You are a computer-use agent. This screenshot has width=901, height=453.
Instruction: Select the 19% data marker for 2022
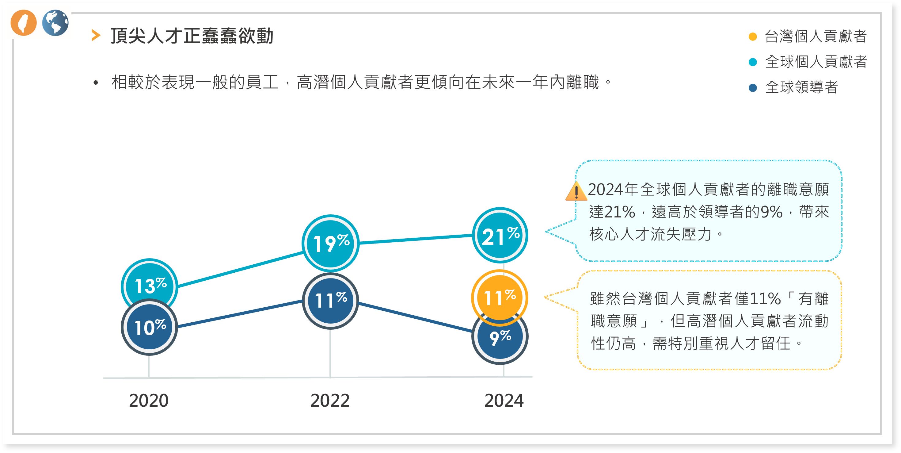tap(331, 243)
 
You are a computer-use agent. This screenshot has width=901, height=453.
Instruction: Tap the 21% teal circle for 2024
tap(500, 235)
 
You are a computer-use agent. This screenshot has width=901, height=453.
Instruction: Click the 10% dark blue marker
tap(149, 327)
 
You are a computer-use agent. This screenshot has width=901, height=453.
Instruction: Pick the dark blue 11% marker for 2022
tap(331, 301)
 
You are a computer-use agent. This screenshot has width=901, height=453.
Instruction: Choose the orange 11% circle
tap(500, 298)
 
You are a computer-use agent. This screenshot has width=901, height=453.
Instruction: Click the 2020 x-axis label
tap(149, 400)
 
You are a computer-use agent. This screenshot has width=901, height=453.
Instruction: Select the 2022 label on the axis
tap(330, 400)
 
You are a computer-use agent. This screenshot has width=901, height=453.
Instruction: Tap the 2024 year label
tap(504, 400)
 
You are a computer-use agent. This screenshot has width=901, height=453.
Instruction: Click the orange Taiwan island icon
tap(23, 23)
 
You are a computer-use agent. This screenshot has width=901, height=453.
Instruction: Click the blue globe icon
tap(55, 23)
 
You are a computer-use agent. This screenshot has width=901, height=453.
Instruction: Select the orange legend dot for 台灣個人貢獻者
tap(753, 37)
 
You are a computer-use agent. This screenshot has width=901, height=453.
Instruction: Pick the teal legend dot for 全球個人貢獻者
tap(753, 62)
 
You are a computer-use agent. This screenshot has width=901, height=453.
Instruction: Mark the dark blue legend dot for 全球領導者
tap(753, 88)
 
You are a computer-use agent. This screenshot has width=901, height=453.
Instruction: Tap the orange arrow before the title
tap(96, 35)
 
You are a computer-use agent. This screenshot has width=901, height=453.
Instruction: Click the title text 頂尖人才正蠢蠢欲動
tap(192, 36)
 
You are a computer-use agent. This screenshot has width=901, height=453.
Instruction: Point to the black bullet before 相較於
tap(96, 83)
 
